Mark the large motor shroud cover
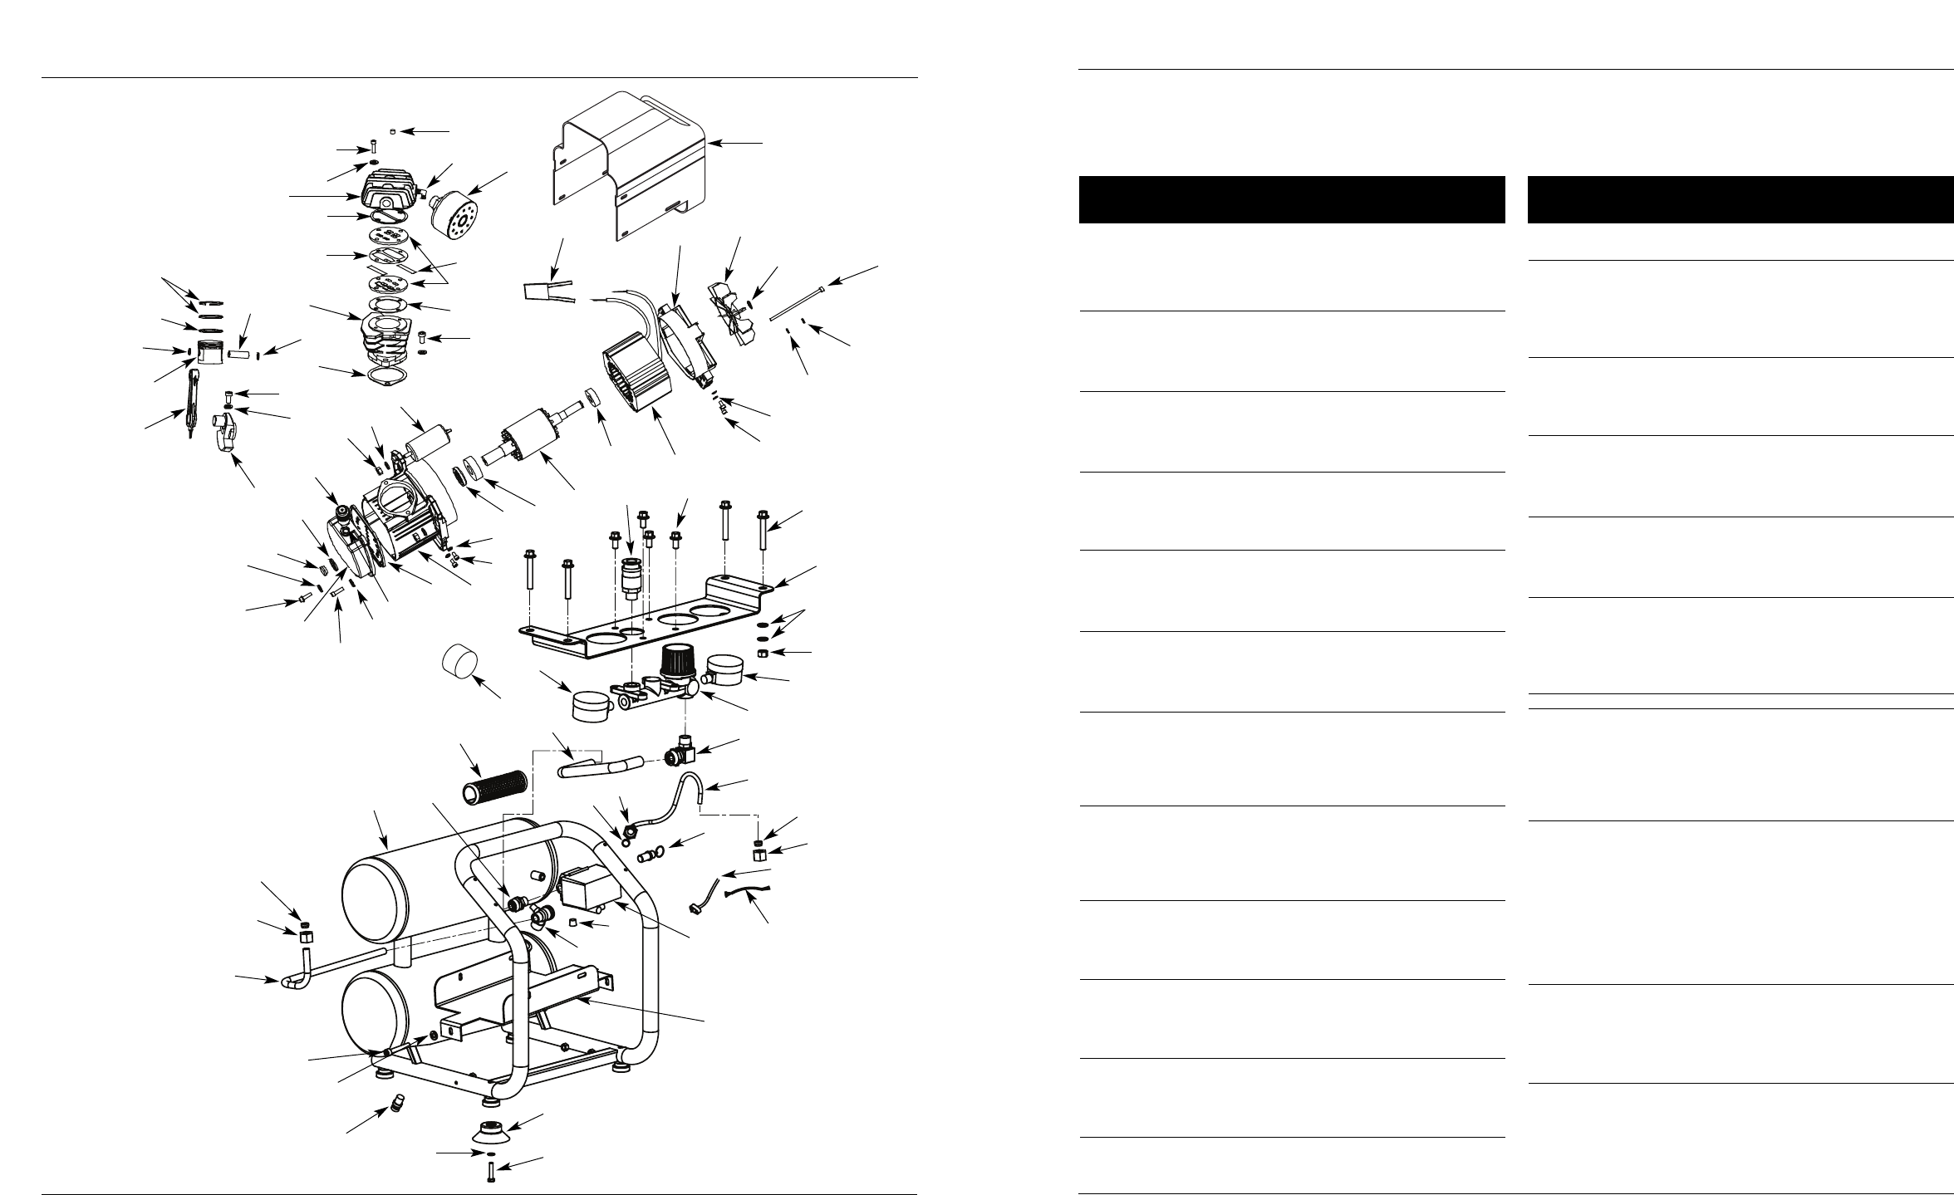[631, 162]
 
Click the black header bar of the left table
[1291, 199]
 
